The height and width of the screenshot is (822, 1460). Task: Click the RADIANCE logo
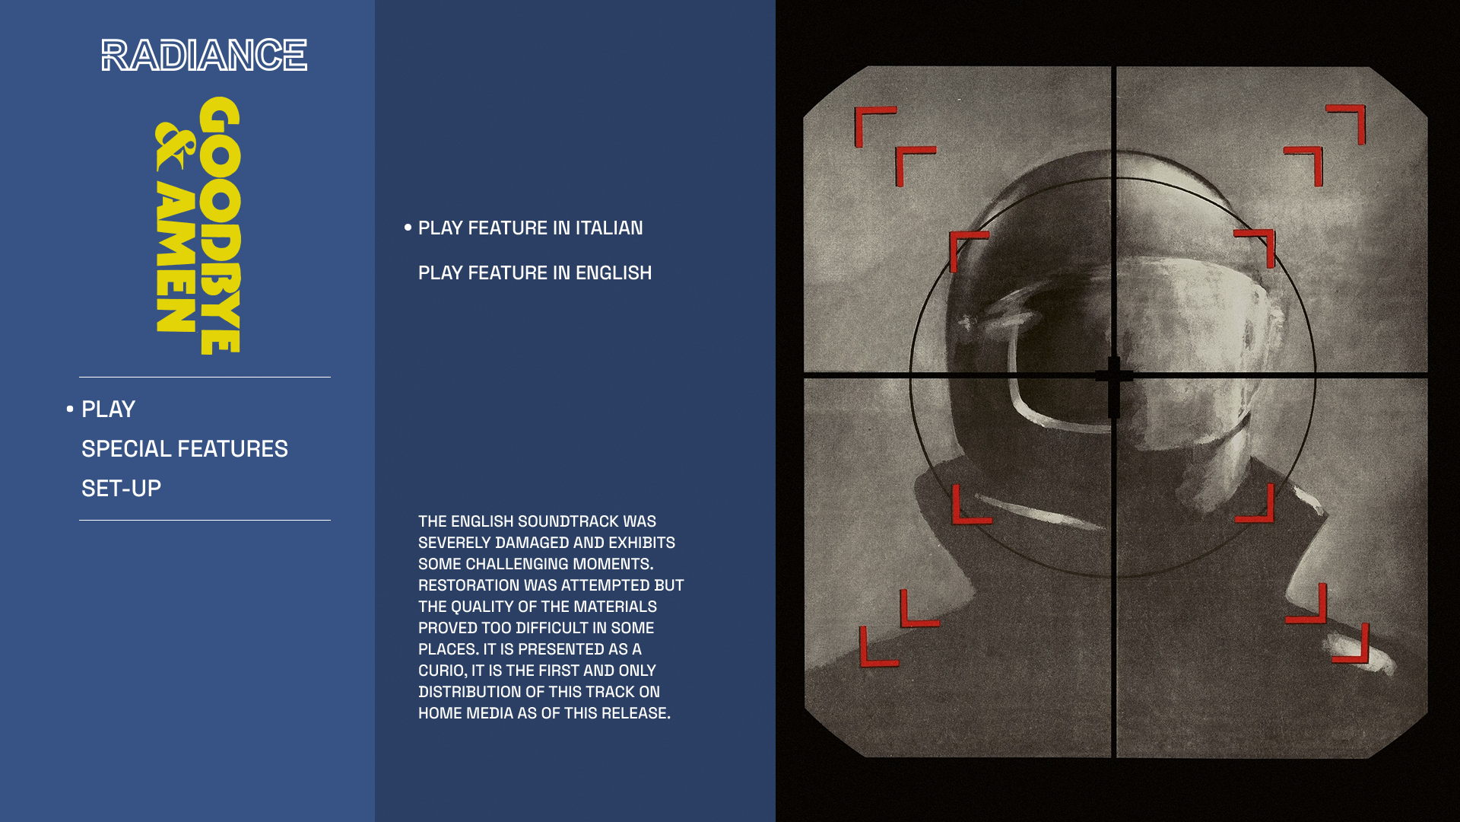(204, 55)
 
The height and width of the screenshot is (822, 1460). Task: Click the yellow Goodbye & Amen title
(198, 225)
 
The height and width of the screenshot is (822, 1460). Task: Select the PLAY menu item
(108, 409)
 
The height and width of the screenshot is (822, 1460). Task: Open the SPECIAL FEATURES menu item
(185, 448)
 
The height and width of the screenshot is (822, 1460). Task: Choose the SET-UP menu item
(121, 488)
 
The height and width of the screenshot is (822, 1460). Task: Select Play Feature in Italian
(530, 228)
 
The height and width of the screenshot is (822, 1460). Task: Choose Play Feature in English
(535, 272)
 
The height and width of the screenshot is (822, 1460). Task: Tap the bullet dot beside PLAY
(70, 409)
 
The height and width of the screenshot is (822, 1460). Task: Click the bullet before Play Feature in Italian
(408, 227)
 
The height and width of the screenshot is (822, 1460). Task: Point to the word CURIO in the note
(441, 671)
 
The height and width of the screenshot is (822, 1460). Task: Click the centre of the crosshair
(1114, 375)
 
